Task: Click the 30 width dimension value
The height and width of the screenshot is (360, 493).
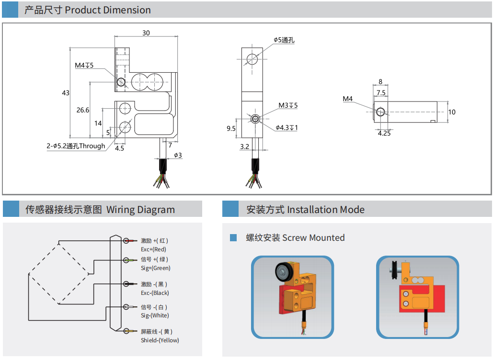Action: pos(146,33)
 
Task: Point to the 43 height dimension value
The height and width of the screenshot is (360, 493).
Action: pos(66,93)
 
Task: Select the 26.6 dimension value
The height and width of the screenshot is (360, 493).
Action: pos(83,110)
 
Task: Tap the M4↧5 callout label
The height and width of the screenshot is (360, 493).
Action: pos(84,65)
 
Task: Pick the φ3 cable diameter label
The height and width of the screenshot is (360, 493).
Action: pos(178,155)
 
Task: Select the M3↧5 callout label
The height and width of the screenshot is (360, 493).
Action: pos(288,105)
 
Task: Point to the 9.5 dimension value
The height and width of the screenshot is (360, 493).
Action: pos(231,128)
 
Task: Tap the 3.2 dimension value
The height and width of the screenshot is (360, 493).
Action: pos(244,146)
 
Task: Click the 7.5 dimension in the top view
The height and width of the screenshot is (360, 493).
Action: pos(381,92)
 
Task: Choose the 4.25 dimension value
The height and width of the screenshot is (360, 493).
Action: pos(384,134)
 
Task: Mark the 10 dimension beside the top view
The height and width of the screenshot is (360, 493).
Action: pos(452,112)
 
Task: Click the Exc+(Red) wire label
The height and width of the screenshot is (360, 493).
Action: pos(153,249)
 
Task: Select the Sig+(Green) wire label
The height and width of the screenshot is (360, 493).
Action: pos(155,268)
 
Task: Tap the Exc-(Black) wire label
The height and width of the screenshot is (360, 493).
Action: pos(155,293)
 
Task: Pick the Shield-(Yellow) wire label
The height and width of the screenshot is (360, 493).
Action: pos(160,340)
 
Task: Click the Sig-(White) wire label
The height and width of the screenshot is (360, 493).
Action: pos(155,315)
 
